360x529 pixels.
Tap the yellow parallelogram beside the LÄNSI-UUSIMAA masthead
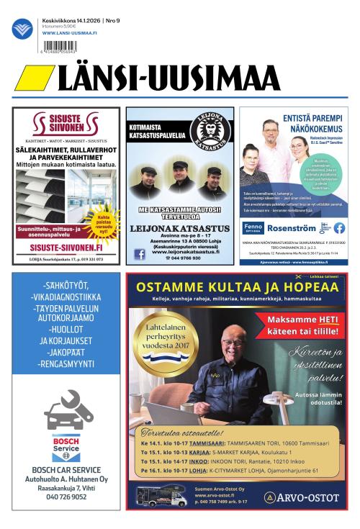coord(33,78)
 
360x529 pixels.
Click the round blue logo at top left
coord(22,29)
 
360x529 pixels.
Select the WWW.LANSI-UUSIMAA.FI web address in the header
coord(70,32)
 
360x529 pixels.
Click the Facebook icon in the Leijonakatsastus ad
coord(140,253)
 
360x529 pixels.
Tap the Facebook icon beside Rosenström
coord(338,228)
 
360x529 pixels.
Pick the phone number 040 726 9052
coord(66,497)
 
